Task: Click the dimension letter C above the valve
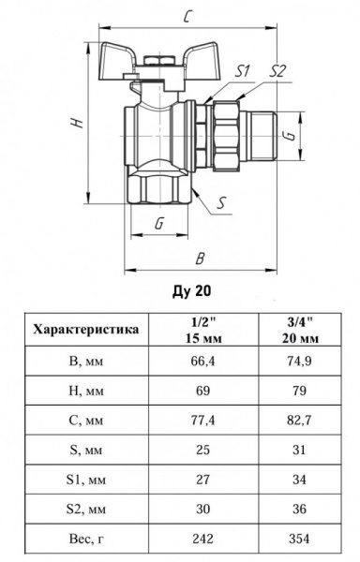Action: [187, 16]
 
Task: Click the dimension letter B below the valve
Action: [200, 255]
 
